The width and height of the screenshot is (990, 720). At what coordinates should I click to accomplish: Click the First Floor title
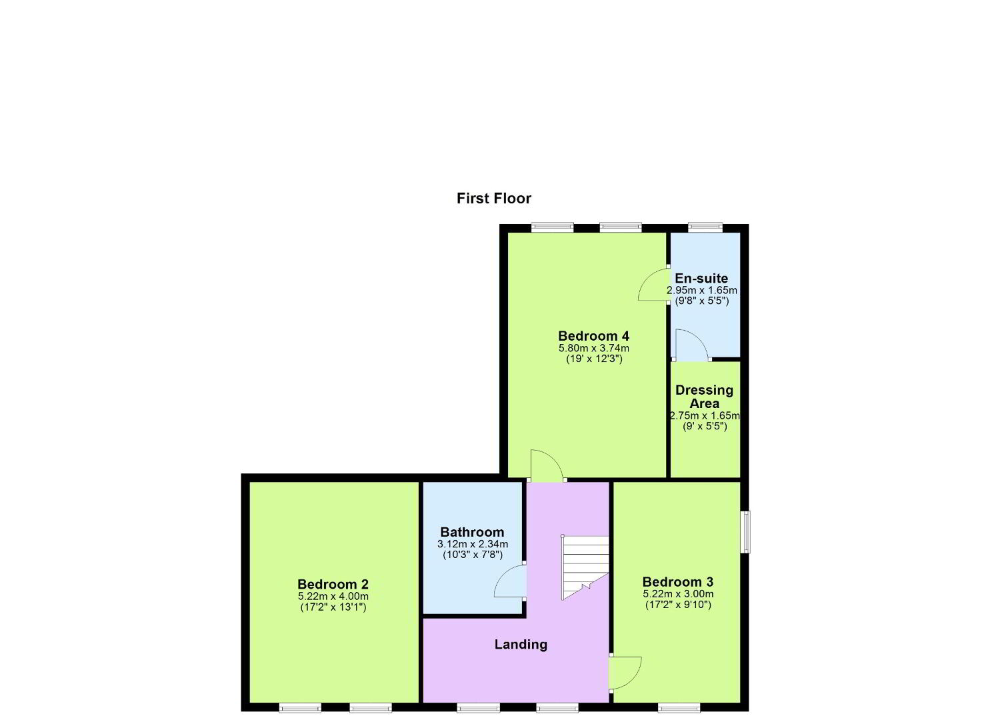(x=494, y=199)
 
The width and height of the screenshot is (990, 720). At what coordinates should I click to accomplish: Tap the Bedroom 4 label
(x=593, y=336)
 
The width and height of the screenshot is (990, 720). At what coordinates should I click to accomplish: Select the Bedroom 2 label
(x=333, y=584)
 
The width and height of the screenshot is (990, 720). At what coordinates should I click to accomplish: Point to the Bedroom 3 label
(x=678, y=581)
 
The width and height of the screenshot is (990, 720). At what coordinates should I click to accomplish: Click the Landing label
(x=521, y=645)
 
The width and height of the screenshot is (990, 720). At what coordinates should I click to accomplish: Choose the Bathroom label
(x=472, y=532)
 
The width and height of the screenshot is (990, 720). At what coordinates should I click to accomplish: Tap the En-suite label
(x=701, y=279)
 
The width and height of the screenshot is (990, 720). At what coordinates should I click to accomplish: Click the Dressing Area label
(x=704, y=397)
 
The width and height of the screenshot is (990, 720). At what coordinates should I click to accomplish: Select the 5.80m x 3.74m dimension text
(x=593, y=348)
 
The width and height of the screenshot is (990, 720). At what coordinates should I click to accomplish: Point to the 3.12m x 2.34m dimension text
(x=473, y=544)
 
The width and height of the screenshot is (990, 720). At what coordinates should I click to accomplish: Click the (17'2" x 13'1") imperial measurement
(x=333, y=607)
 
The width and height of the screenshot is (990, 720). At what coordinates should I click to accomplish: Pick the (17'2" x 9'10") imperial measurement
(x=679, y=605)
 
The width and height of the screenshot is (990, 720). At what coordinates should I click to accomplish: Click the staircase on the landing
(x=585, y=568)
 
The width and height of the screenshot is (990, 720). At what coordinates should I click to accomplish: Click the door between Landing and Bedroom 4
(x=547, y=465)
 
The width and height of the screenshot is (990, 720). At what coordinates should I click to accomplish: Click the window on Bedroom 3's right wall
(x=746, y=532)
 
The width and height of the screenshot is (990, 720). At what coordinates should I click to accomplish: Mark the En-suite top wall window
(x=705, y=228)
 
